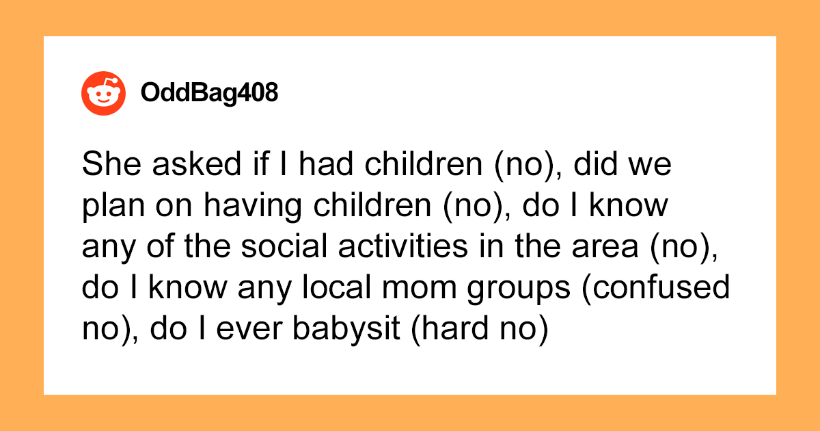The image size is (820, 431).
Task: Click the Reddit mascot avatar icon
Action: pos(104,94)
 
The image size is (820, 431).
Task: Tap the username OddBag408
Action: pos(209,92)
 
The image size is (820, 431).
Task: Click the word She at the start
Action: pos(111,164)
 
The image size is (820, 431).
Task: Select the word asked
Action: pos(197,164)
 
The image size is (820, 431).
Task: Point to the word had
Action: pos(326,164)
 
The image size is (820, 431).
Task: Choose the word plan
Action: pos(113,207)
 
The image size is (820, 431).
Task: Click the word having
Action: pos(253,207)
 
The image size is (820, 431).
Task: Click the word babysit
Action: pos(346,330)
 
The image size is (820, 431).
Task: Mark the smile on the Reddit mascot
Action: pos(103,101)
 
